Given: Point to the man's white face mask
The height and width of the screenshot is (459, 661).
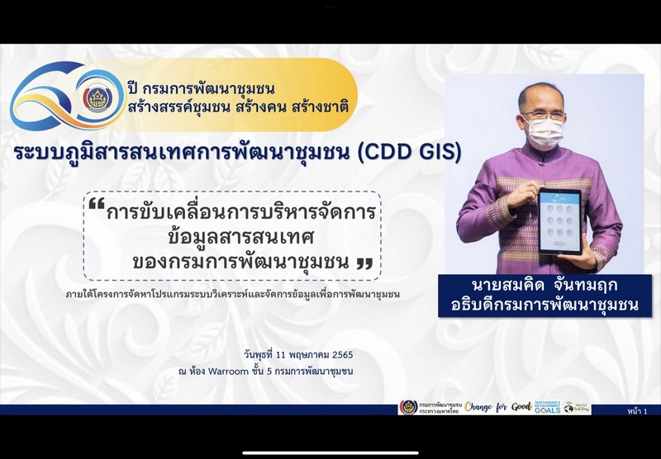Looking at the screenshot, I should [544, 132].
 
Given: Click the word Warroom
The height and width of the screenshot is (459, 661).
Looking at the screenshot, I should [266, 371].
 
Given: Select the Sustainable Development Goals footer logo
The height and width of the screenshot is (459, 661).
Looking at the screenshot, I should [547, 407].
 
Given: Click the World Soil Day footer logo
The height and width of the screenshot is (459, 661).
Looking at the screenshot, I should [578, 407].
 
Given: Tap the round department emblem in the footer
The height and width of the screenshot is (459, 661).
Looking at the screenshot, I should [408, 407].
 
